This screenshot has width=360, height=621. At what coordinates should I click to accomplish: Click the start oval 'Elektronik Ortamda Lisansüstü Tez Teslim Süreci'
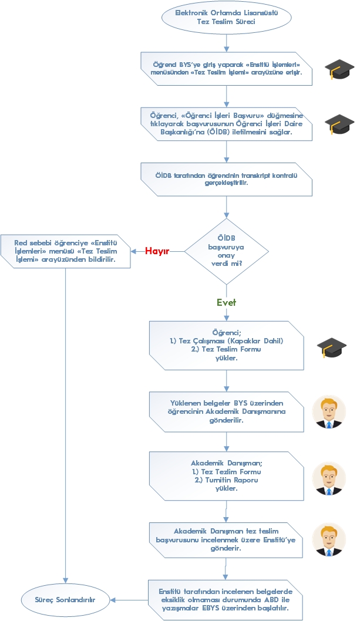226,18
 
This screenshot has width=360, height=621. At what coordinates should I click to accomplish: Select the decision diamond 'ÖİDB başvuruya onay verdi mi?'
227,252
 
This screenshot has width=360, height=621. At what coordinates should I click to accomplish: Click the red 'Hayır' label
157,251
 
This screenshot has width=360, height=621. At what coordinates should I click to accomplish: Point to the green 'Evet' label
226,302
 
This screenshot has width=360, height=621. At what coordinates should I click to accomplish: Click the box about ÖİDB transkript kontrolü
226,179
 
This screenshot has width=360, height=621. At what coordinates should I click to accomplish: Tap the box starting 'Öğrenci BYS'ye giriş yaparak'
226,68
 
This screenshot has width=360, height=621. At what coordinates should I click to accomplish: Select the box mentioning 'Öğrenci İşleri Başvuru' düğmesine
226,124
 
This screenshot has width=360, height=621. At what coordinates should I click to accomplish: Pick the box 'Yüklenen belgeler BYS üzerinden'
226,412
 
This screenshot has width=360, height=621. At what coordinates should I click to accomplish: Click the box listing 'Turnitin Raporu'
226,475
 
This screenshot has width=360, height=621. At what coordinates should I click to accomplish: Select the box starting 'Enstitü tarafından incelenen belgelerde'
226,600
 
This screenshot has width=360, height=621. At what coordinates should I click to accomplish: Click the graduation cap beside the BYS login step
339,69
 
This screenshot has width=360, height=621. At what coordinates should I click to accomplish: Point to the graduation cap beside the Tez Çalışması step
332,347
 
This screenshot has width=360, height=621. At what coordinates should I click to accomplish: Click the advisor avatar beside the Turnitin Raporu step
329,478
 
